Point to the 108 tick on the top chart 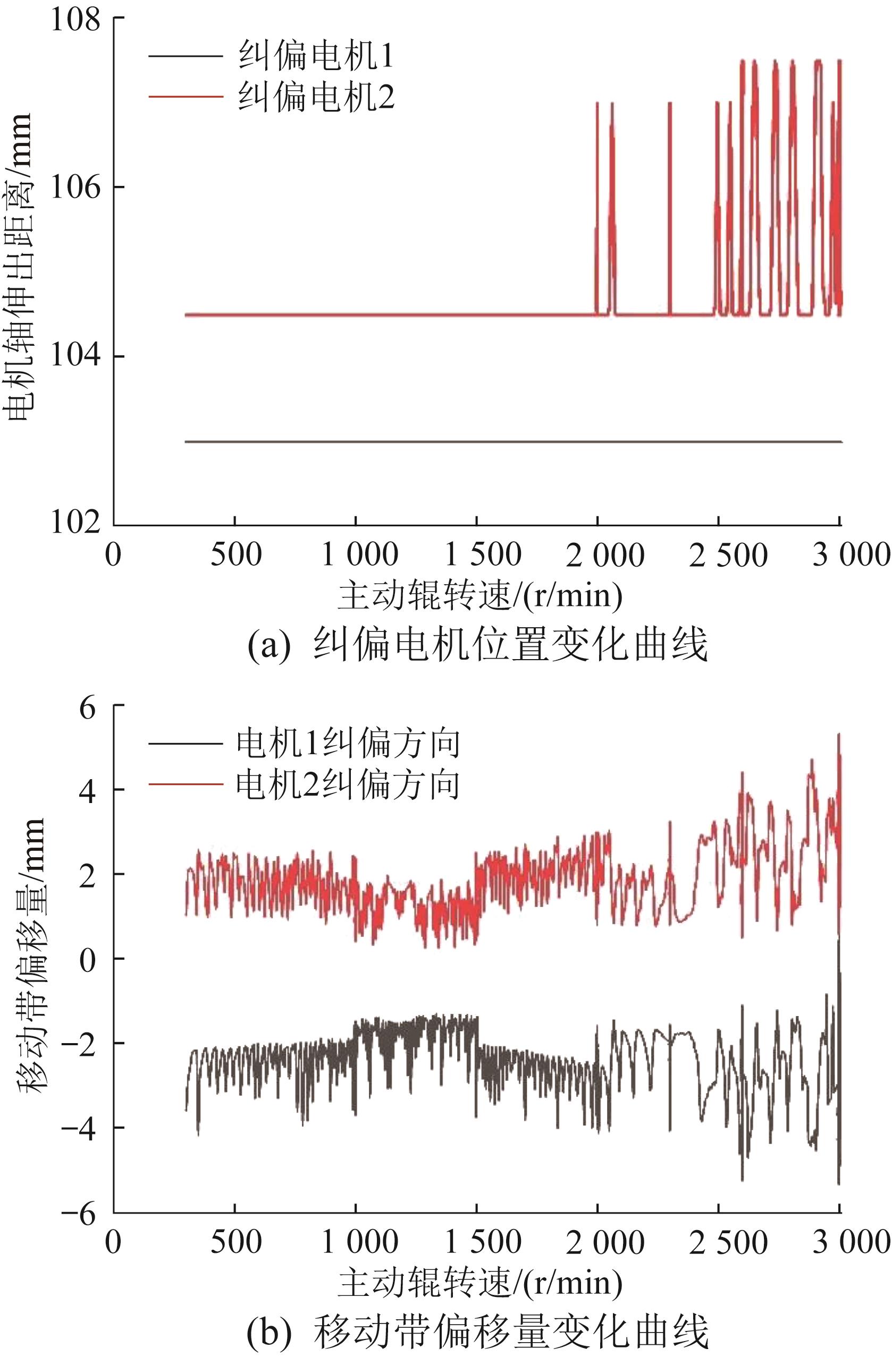tap(75, 20)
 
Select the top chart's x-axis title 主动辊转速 tap(479, 596)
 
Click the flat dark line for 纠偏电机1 tap(457, 442)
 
